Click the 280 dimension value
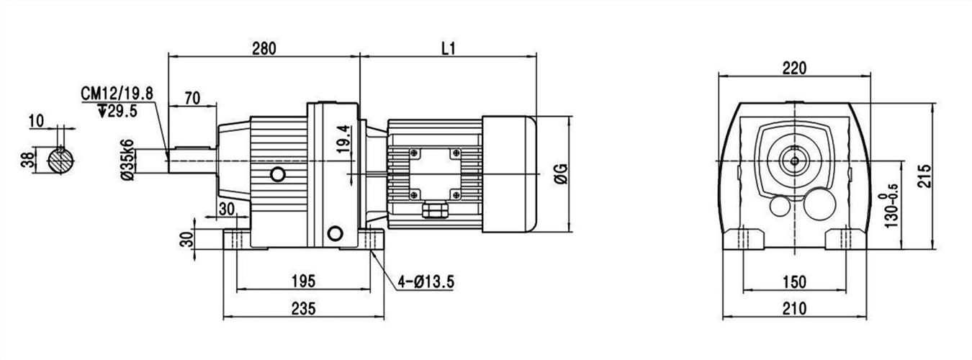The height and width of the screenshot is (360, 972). point(264,48)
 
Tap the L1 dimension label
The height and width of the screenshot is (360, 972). point(449,48)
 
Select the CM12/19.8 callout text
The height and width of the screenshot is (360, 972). point(117,94)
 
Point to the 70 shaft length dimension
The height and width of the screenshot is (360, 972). point(192,98)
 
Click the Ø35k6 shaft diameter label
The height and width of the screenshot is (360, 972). point(127,160)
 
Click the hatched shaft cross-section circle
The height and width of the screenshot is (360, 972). point(60,160)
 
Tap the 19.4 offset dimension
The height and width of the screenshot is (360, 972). point(343,139)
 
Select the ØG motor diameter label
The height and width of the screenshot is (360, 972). point(561,174)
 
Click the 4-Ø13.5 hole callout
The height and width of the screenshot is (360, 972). point(426,282)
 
